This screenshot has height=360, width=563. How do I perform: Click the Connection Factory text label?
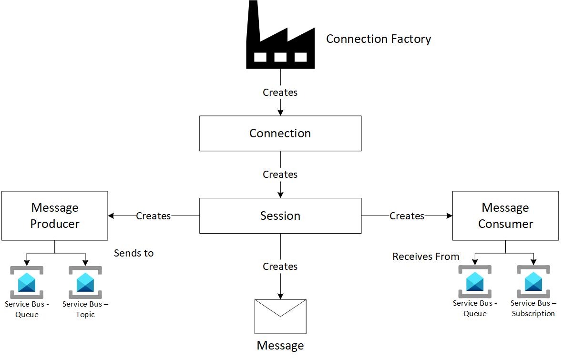(379, 39)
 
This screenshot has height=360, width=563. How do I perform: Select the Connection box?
(280, 134)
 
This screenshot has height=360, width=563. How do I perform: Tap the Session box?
(280, 216)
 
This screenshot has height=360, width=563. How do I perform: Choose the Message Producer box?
(55, 216)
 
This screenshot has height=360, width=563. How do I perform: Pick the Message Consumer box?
(505, 216)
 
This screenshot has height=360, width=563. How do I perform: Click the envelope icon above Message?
(280, 316)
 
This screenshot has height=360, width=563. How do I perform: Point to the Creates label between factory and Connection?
(280, 93)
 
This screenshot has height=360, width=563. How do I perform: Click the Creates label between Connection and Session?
(280, 175)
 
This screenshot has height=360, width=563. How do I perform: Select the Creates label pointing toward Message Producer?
(154, 216)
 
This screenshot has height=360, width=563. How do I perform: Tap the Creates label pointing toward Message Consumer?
(407, 216)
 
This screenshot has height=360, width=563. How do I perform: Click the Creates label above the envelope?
(280, 267)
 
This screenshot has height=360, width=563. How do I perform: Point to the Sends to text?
(134, 253)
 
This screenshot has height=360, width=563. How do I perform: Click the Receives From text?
(426, 257)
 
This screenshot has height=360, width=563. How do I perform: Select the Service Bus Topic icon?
(85, 282)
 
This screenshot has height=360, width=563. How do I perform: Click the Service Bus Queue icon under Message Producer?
(27, 282)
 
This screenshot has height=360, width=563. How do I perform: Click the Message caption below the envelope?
(280, 346)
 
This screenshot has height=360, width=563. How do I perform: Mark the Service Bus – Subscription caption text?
(533, 309)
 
